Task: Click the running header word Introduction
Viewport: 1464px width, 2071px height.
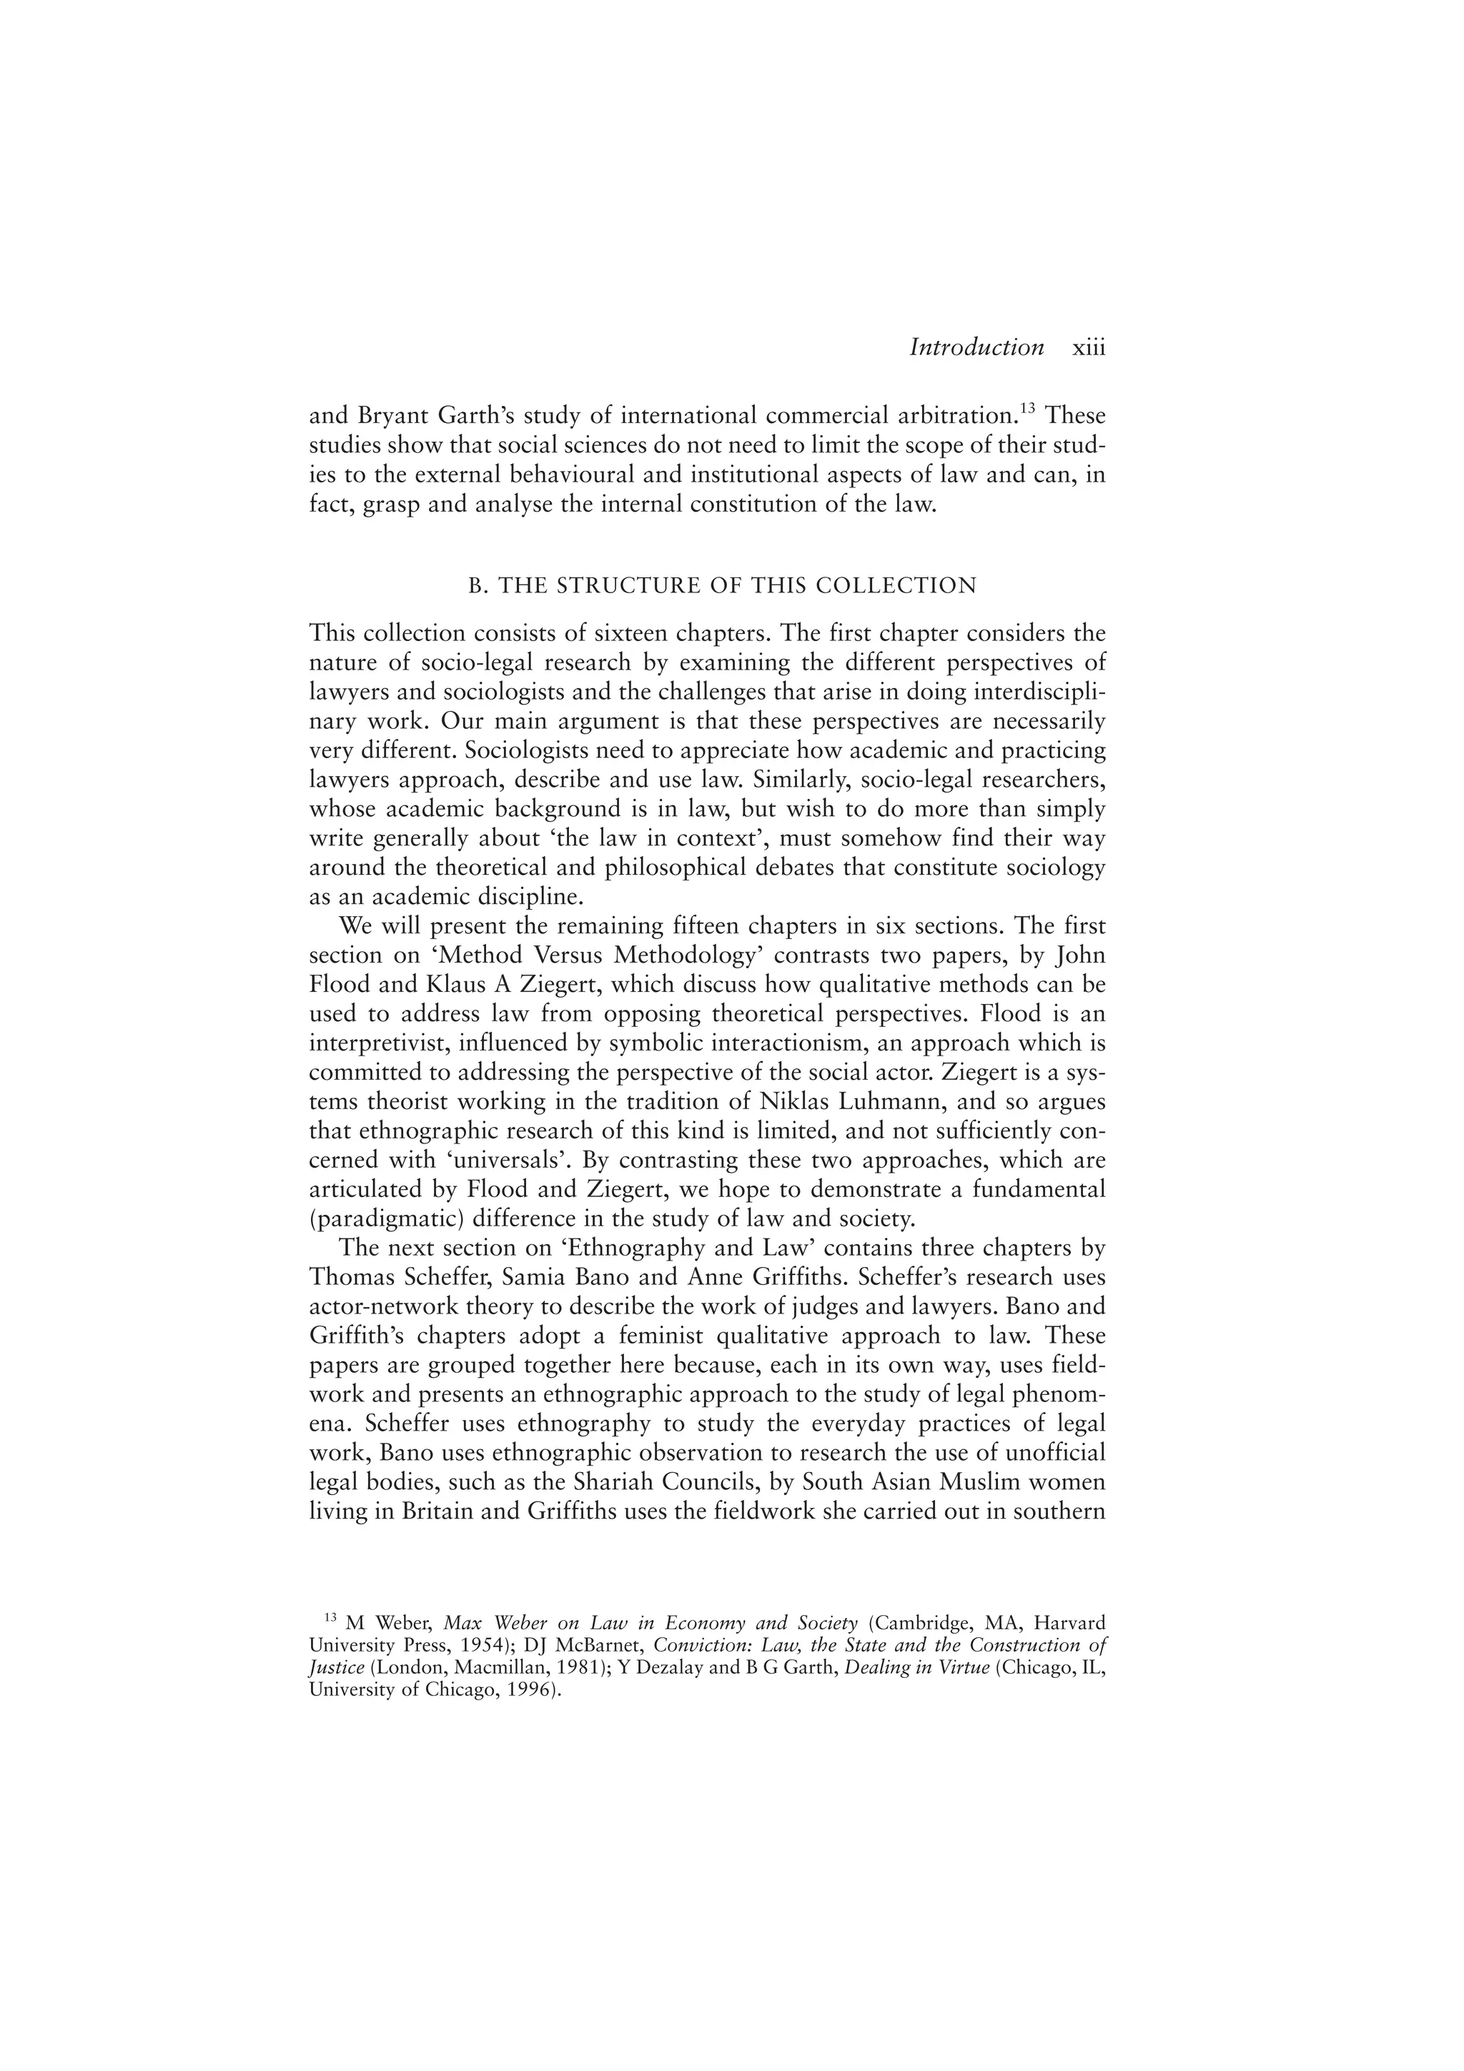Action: coord(976,347)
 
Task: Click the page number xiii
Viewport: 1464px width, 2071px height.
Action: coord(1088,347)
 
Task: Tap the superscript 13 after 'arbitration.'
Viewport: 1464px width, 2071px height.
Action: coord(1027,409)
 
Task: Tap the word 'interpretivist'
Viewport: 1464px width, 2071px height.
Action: coord(378,1043)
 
